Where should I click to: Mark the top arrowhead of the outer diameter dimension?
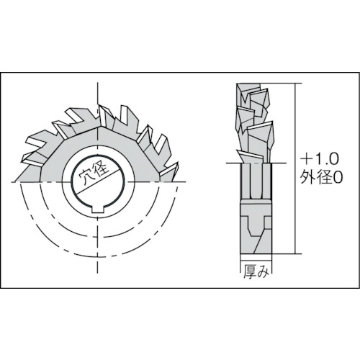coord(295,85)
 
